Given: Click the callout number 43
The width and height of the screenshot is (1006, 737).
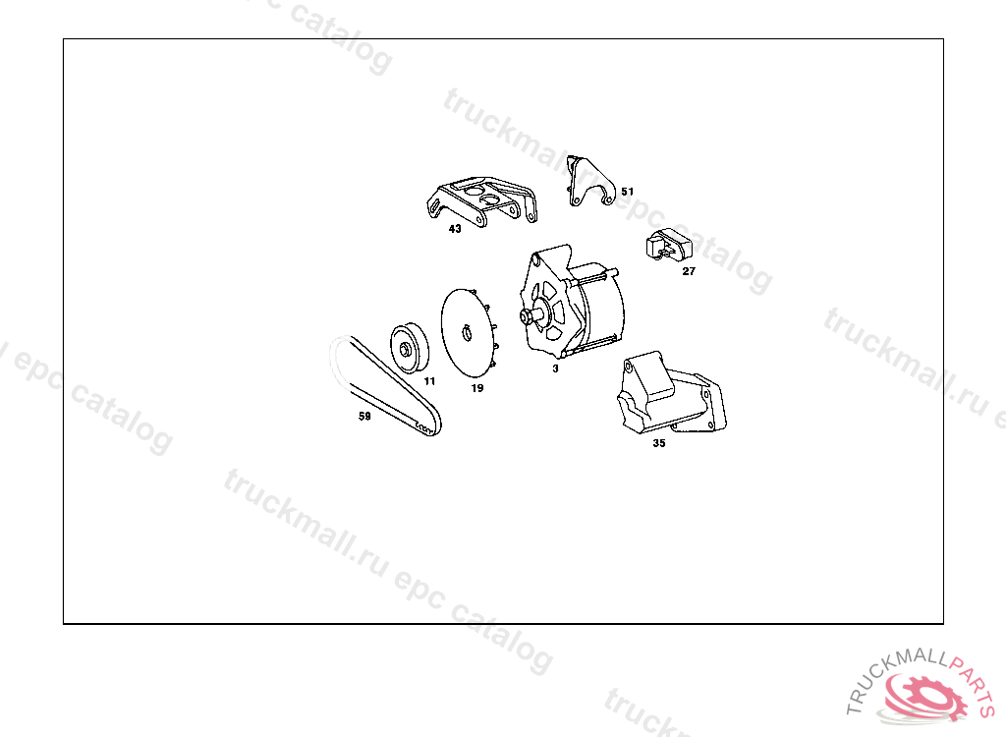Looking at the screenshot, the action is (455, 229).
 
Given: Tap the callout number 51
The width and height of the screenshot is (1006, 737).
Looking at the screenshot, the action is (628, 192).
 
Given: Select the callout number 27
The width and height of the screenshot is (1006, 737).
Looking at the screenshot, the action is (689, 271).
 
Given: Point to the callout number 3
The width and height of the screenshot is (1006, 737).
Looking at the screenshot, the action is (556, 368).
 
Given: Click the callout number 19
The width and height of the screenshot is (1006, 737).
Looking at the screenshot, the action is (477, 388).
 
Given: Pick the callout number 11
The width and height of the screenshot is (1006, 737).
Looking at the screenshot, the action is (430, 380).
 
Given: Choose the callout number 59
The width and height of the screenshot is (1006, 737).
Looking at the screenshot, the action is (364, 416).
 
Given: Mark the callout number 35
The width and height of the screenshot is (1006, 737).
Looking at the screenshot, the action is (659, 443).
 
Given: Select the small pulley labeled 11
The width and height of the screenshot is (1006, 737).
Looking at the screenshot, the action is (410, 349).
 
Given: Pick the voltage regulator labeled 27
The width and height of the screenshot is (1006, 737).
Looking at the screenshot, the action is (669, 245).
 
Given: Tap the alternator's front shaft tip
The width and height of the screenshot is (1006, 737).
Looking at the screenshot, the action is (524, 315).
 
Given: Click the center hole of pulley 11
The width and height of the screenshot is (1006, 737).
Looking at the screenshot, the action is (405, 350).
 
